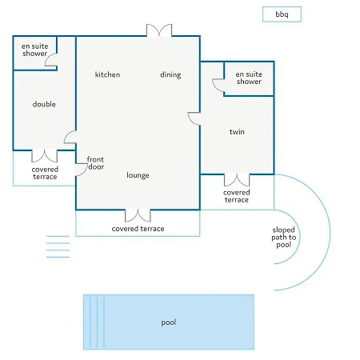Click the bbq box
tap(282, 14)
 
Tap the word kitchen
tap(107, 74)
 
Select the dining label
tap(170, 75)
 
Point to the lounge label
tap(138, 175)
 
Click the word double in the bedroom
tap(44, 104)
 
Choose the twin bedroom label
tap(237, 132)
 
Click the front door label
tap(95, 163)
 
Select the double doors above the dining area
tap(159, 30)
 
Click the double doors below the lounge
tap(138, 215)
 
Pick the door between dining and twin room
tap(194, 118)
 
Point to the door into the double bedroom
tap(70, 137)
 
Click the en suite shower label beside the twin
tap(249, 78)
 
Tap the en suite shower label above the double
tap(35, 50)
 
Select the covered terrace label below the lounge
tap(138, 229)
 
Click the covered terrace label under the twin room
tap(237, 196)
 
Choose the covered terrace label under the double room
tap(45, 173)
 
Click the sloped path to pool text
tap(284, 237)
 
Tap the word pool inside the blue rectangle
tap(169, 322)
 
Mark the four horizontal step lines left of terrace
tap(58, 246)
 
